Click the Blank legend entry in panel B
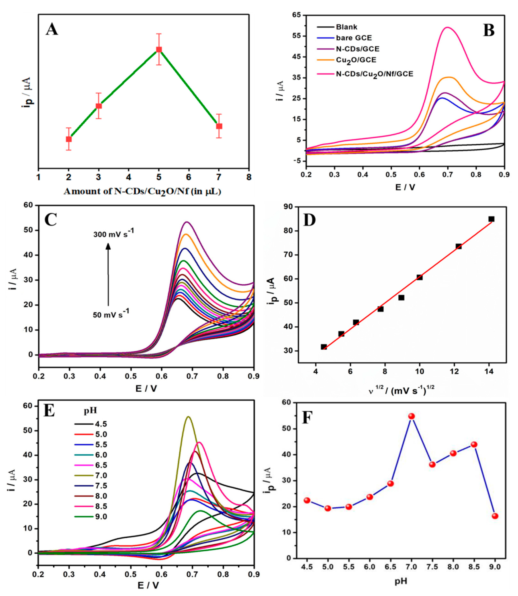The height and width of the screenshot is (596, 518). [x=346, y=27]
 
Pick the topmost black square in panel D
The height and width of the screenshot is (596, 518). [x=491, y=219]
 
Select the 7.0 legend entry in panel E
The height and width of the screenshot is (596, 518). [x=101, y=475]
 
